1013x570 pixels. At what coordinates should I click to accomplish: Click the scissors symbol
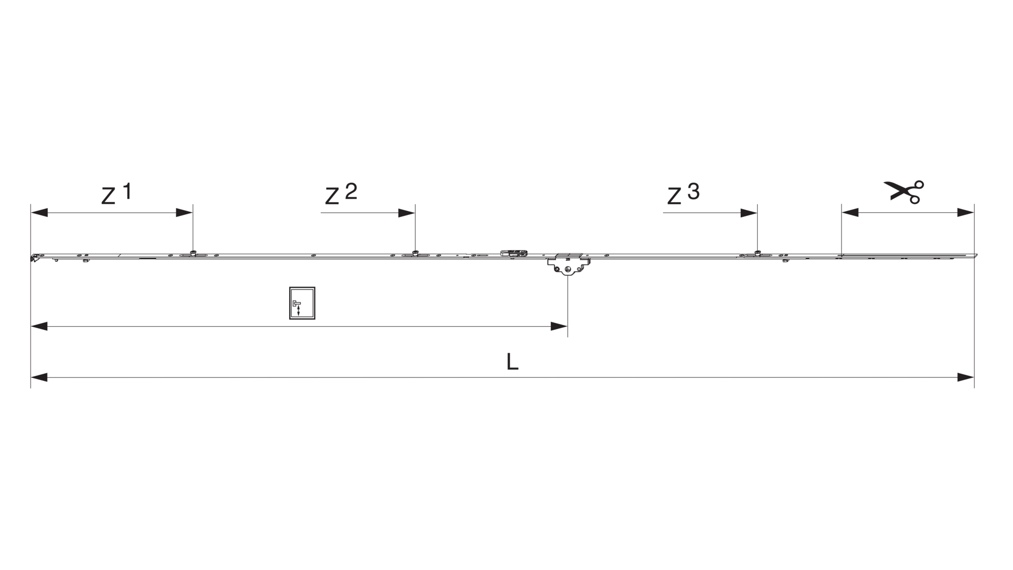[x=904, y=192]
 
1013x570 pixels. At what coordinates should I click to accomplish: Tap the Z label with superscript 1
[x=116, y=194]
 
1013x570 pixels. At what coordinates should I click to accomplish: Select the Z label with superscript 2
[x=341, y=194]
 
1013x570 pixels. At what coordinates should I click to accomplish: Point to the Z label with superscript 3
[x=683, y=194]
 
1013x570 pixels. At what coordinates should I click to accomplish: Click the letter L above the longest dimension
[x=512, y=362]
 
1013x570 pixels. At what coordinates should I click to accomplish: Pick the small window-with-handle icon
[x=302, y=303]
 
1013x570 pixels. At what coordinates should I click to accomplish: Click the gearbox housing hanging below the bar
[x=568, y=264]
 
